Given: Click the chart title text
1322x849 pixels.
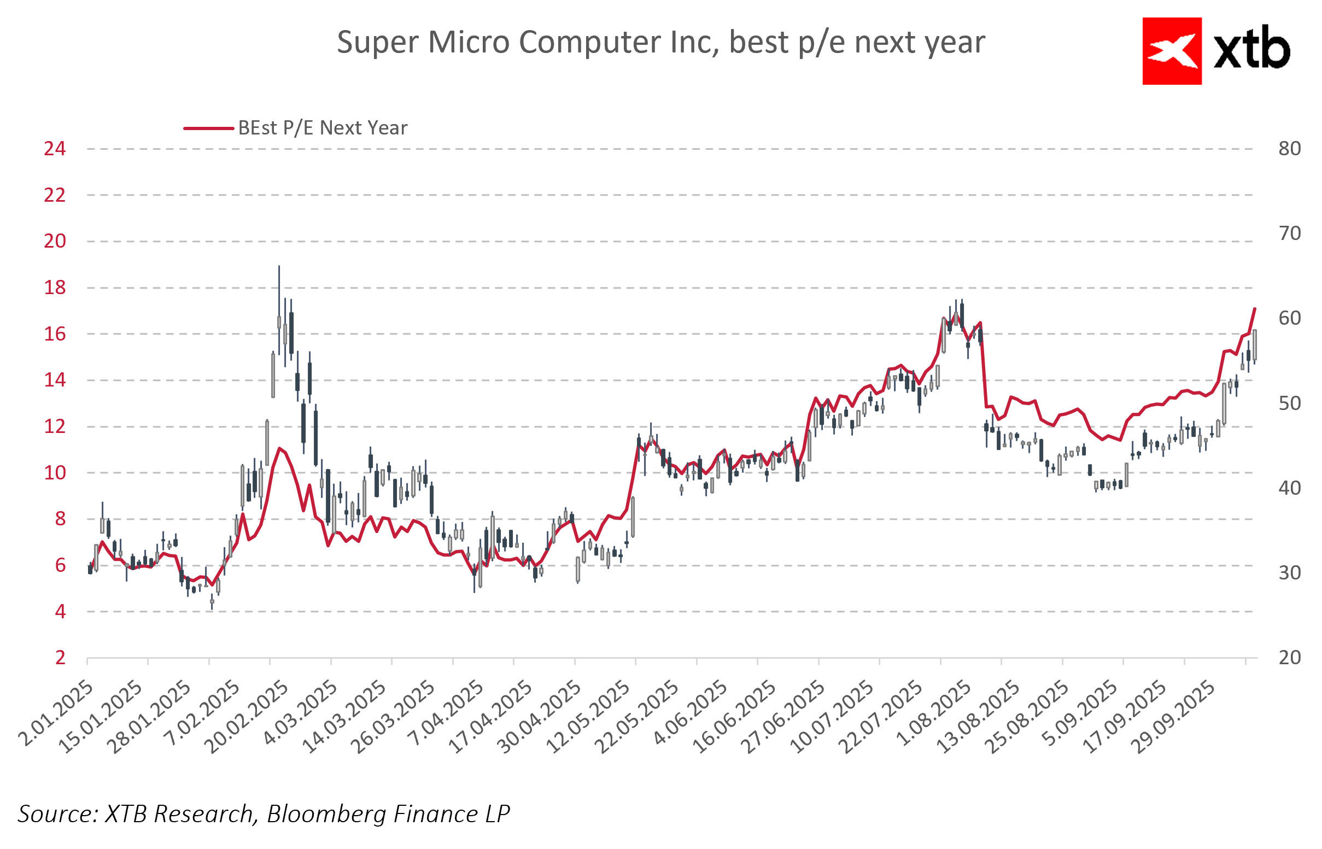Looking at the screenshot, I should point(660,43).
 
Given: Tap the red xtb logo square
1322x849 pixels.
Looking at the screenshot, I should point(1172,51).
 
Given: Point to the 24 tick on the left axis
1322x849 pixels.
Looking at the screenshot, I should point(55,149).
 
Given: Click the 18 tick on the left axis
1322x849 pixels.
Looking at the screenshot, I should point(55,288).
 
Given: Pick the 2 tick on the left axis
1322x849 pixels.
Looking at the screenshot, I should point(60,658).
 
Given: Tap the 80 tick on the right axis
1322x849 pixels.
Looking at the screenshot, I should point(1290,149).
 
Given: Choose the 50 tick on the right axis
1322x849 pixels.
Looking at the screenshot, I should point(1290,403).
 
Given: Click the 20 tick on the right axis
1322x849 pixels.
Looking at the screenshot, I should point(1290,658).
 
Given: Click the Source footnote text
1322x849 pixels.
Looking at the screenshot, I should point(264,814).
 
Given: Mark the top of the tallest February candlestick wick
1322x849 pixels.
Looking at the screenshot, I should point(279,267).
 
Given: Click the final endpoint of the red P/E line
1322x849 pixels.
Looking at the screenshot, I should point(1255,309).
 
